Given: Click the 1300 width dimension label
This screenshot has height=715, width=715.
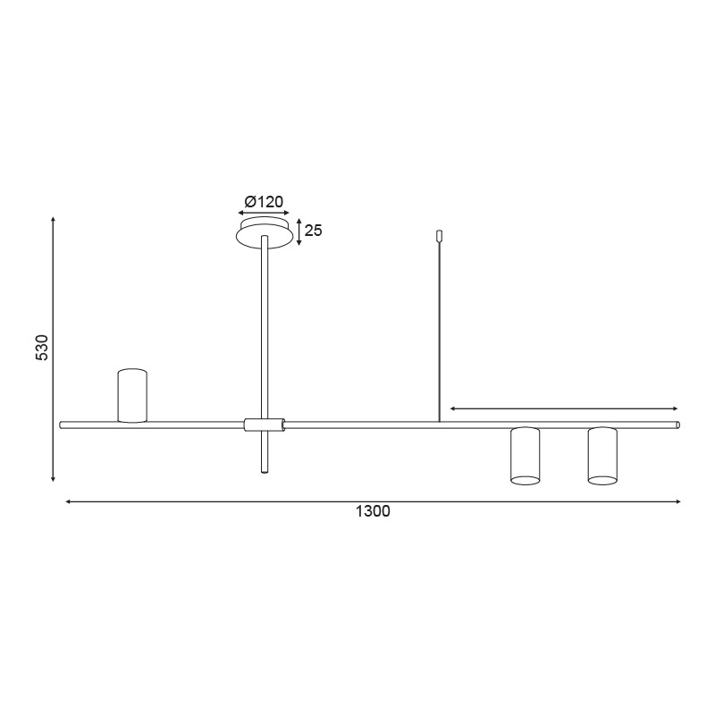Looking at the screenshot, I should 373,512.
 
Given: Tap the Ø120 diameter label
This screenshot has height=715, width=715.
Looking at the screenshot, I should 264,201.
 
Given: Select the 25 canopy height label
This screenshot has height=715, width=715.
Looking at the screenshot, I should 313,231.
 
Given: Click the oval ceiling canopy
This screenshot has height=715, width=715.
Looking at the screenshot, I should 264,235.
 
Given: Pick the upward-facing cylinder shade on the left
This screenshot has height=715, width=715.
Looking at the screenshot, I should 132,395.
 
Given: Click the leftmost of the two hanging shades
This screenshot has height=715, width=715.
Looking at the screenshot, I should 525,456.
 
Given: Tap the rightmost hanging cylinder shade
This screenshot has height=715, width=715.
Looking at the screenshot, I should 602,456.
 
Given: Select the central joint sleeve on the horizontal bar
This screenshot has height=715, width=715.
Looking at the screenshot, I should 265,425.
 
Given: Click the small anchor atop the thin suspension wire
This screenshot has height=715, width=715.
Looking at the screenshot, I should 439,236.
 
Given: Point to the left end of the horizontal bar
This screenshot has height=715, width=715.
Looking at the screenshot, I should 62,425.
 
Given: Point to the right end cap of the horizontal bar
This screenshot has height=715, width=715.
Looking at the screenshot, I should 677,425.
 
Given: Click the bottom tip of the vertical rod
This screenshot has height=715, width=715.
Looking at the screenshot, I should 264,470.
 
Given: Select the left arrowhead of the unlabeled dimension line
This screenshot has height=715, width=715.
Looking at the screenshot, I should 453,408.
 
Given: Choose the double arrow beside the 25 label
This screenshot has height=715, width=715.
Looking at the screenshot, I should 299,231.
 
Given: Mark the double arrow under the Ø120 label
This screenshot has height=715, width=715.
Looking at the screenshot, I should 264,214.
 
